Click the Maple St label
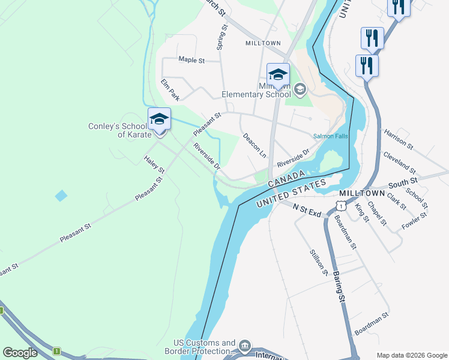(x=191, y=60)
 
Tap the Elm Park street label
(x=170, y=89)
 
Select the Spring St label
(x=221, y=37)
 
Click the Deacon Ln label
(x=254, y=145)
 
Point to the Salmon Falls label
(x=330, y=136)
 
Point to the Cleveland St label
(x=399, y=161)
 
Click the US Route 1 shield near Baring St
(x=341, y=206)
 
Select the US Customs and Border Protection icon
(x=244, y=346)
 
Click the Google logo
(x=20, y=353)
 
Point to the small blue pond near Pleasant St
(x=61, y=196)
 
